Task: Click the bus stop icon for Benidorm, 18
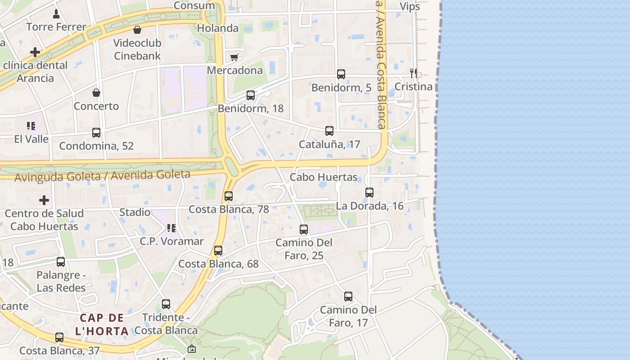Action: [251, 95]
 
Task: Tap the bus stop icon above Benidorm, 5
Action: [341, 74]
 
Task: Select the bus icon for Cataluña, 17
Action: [329, 131]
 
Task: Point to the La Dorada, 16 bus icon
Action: [369, 193]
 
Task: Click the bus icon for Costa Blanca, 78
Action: [229, 196]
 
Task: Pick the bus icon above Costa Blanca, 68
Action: [218, 251]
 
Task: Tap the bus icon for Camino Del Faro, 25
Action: [304, 229]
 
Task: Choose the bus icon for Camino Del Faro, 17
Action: [348, 297]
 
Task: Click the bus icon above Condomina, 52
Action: [96, 133]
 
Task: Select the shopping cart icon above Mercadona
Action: [234, 57]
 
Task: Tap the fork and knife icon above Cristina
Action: [413, 73]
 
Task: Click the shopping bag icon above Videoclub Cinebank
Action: [137, 30]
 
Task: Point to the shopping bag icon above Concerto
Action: [96, 93]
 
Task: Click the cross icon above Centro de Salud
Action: [44, 200]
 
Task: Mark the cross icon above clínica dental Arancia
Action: [35, 52]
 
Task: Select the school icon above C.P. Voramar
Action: [171, 228]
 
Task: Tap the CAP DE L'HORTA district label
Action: [102, 324]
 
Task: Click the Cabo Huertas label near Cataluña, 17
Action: [324, 177]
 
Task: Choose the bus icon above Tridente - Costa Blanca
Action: [166, 304]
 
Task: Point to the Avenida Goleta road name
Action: [102, 175]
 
